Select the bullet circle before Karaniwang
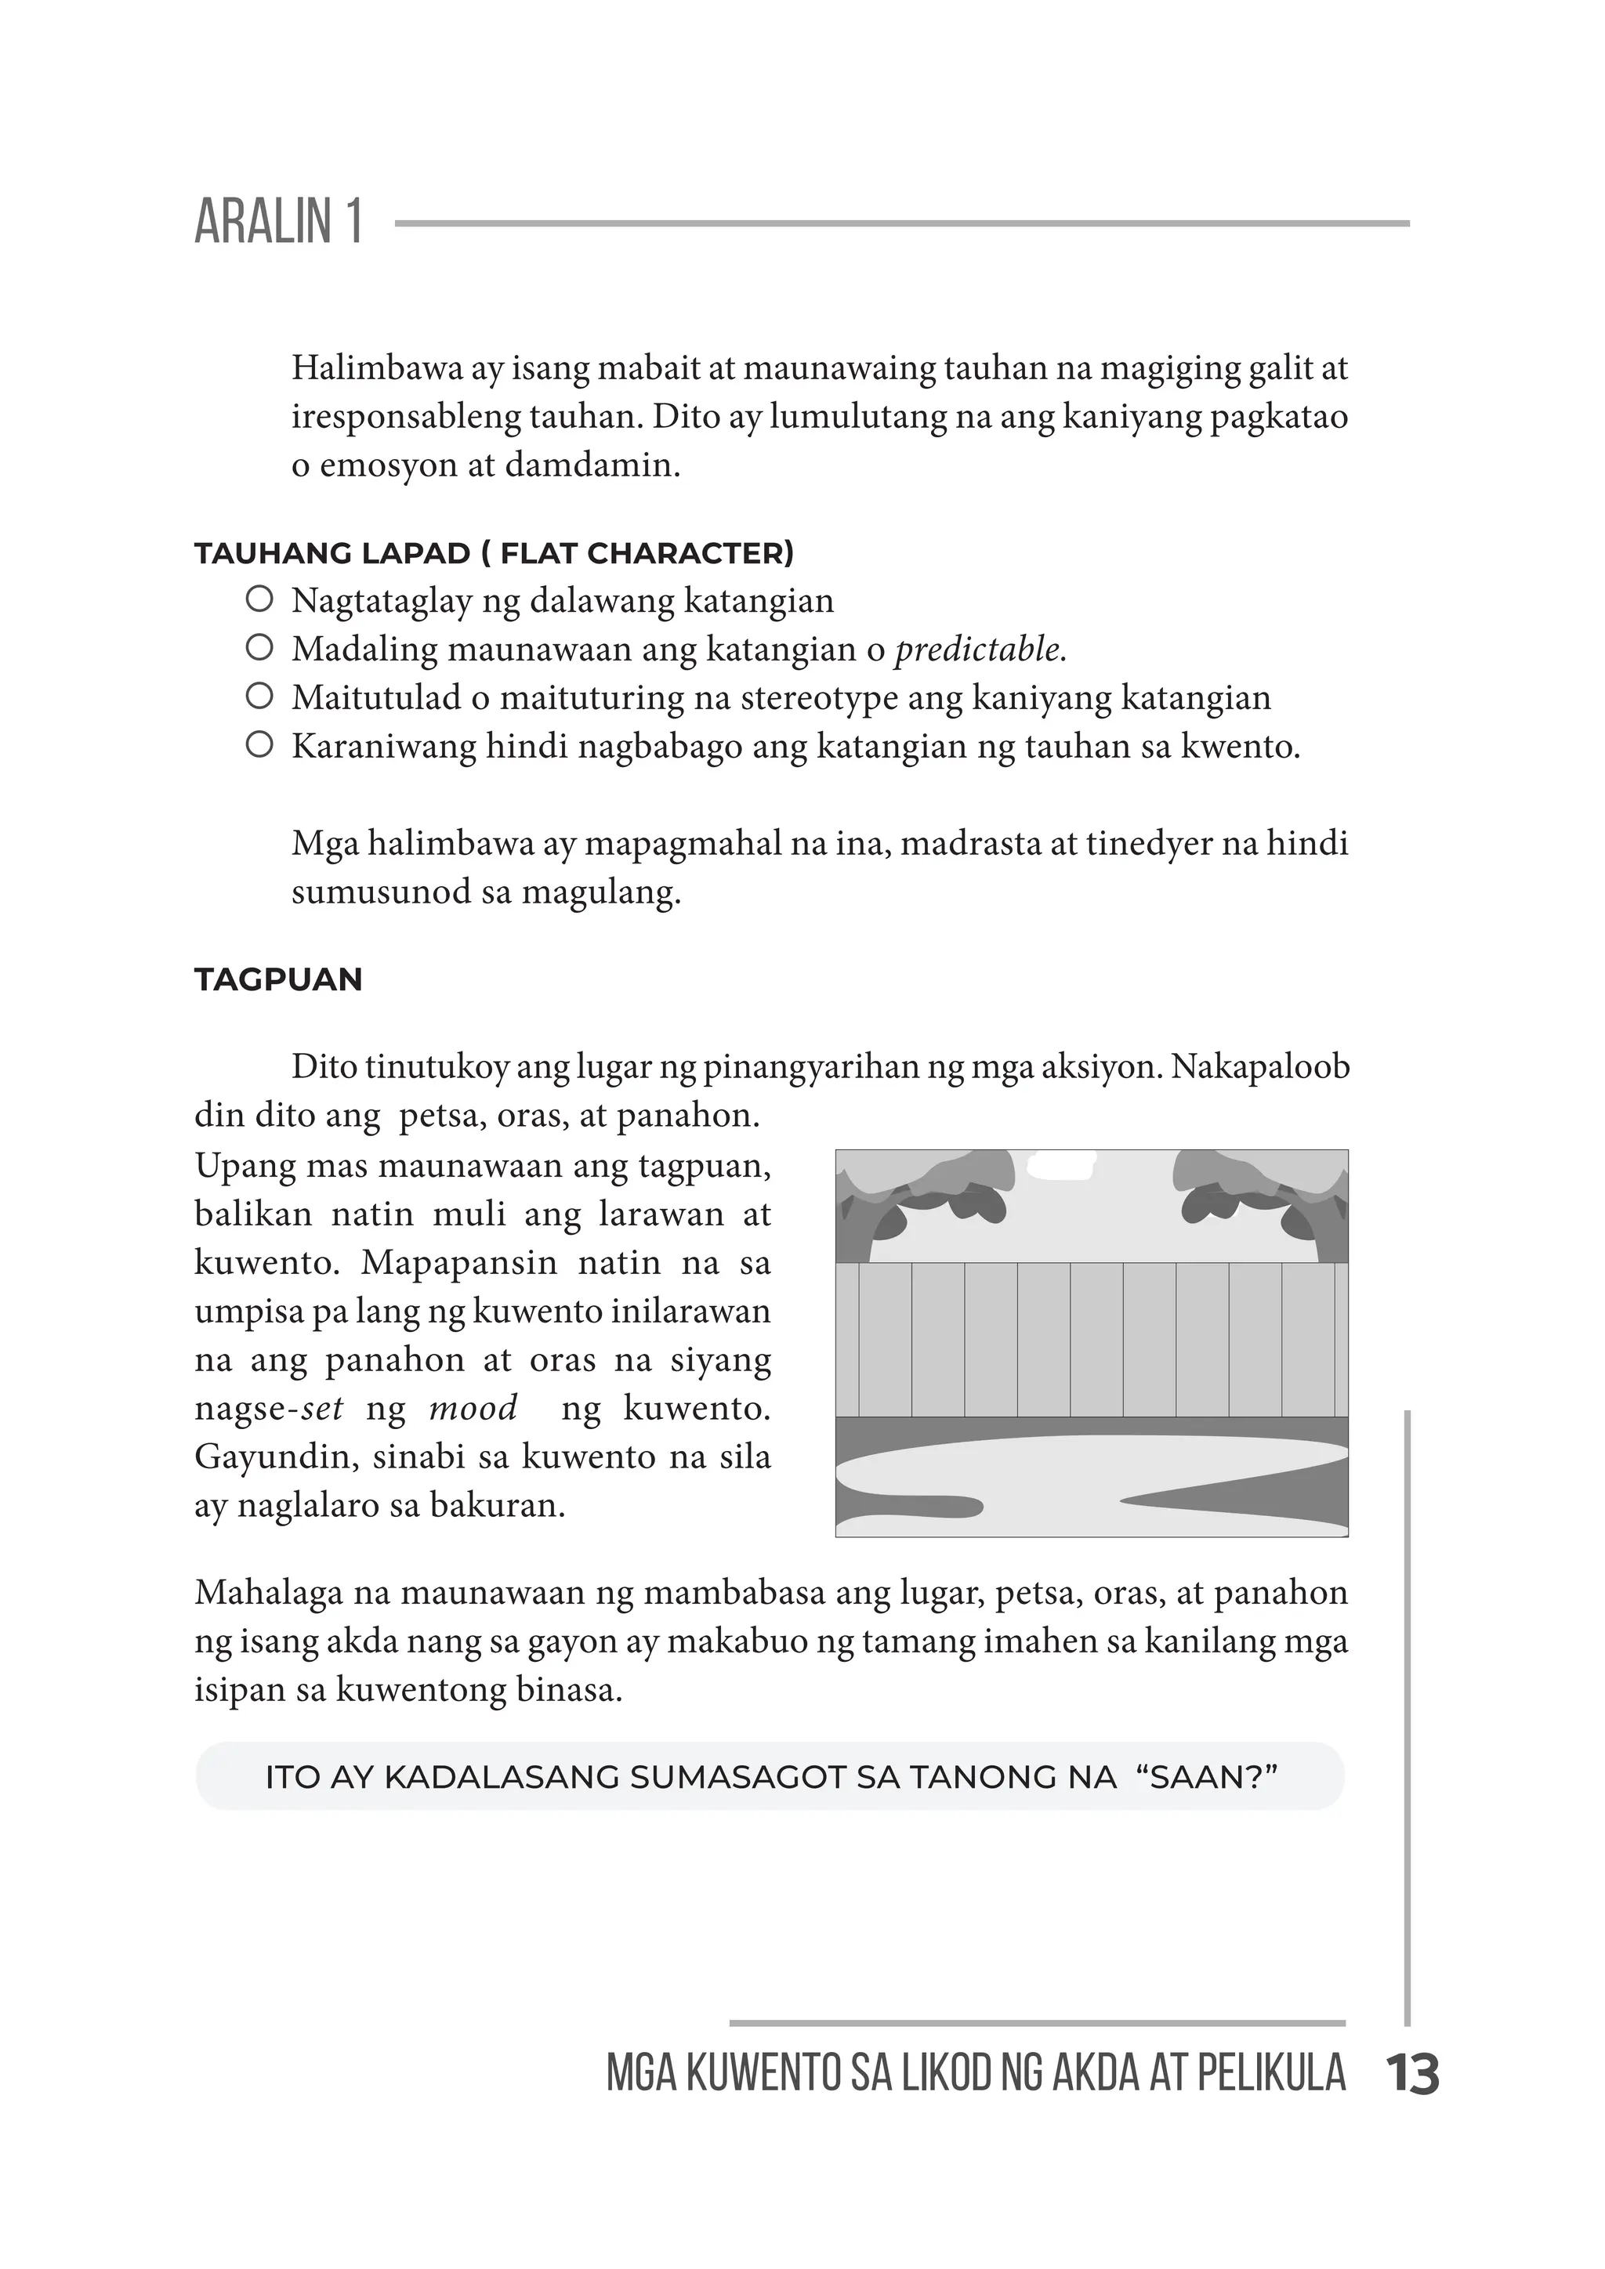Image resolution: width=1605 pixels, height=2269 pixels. [259, 744]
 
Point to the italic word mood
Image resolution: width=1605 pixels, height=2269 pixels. [473, 1407]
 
